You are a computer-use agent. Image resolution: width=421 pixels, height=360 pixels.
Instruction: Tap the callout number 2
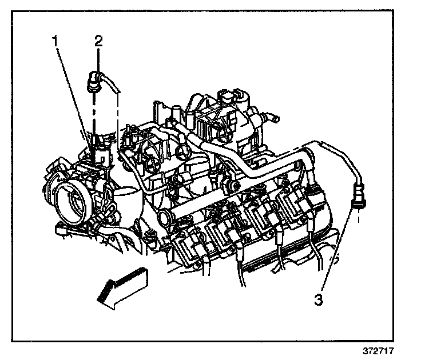tap(99, 41)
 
